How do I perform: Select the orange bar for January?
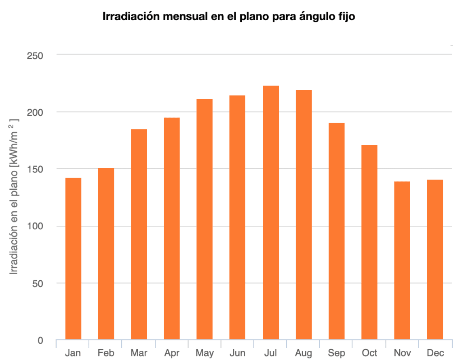coord(73,259)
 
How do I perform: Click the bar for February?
coord(106,254)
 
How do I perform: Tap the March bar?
coord(139,235)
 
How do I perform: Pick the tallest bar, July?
coord(270,213)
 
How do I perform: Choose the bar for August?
coord(304,215)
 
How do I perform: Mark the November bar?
coord(402,260)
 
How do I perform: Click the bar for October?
coord(369,242)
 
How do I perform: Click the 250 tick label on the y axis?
coord(35,55)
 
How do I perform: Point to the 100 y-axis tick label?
coord(35,226)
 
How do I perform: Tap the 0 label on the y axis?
coord(40,341)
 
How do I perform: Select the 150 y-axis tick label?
coord(35,169)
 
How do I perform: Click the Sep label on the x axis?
coord(336,353)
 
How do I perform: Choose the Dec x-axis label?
coord(435,353)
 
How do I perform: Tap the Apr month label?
coord(172,353)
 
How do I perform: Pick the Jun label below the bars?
coord(237,353)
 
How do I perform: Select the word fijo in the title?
coord(346,17)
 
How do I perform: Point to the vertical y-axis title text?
coord(15,197)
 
